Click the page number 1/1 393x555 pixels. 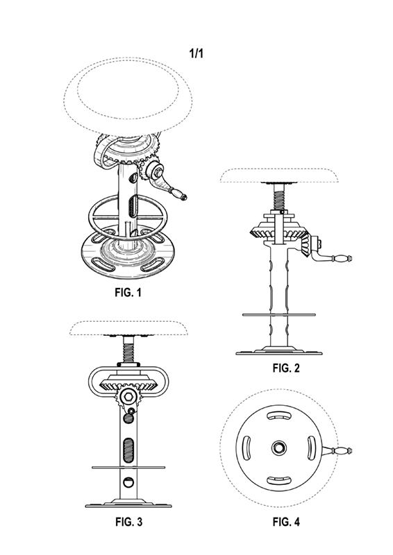(196, 54)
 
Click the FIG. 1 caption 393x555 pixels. (128, 292)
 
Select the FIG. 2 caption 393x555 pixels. (286, 368)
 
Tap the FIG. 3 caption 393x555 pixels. (128, 522)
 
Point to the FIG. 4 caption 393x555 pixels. (286, 522)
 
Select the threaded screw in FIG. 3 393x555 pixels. (129, 350)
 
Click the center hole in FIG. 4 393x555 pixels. (278, 448)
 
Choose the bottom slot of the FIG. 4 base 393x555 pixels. (278, 480)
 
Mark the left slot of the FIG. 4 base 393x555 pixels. (246, 447)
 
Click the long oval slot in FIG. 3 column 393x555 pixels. (128, 450)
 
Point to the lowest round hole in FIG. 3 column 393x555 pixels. (128, 482)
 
